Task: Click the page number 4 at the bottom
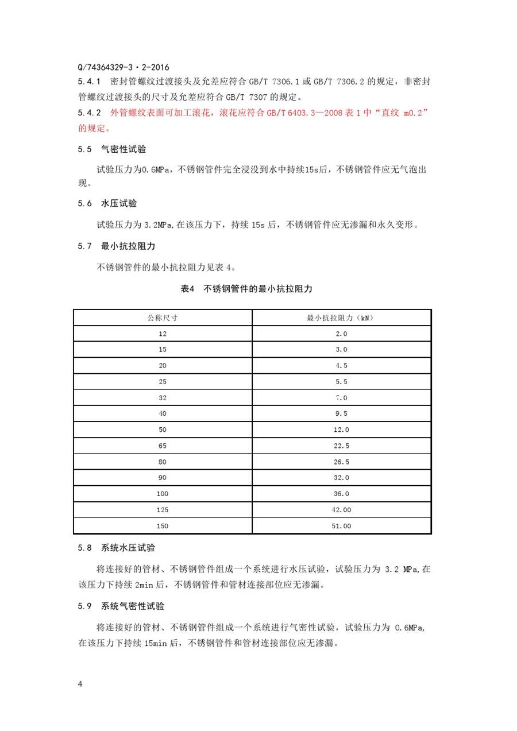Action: tap(80, 684)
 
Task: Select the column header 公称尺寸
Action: tap(163, 317)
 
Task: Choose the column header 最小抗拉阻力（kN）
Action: tap(341, 317)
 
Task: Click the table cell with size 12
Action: tap(163, 334)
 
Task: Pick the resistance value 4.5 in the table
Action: tap(341, 365)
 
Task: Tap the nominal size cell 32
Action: tap(163, 397)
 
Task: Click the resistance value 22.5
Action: tap(341, 446)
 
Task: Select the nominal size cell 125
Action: tap(163, 509)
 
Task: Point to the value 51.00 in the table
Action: tap(341, 525)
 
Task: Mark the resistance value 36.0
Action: tap(341, 493)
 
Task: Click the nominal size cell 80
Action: tap(163, 461)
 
